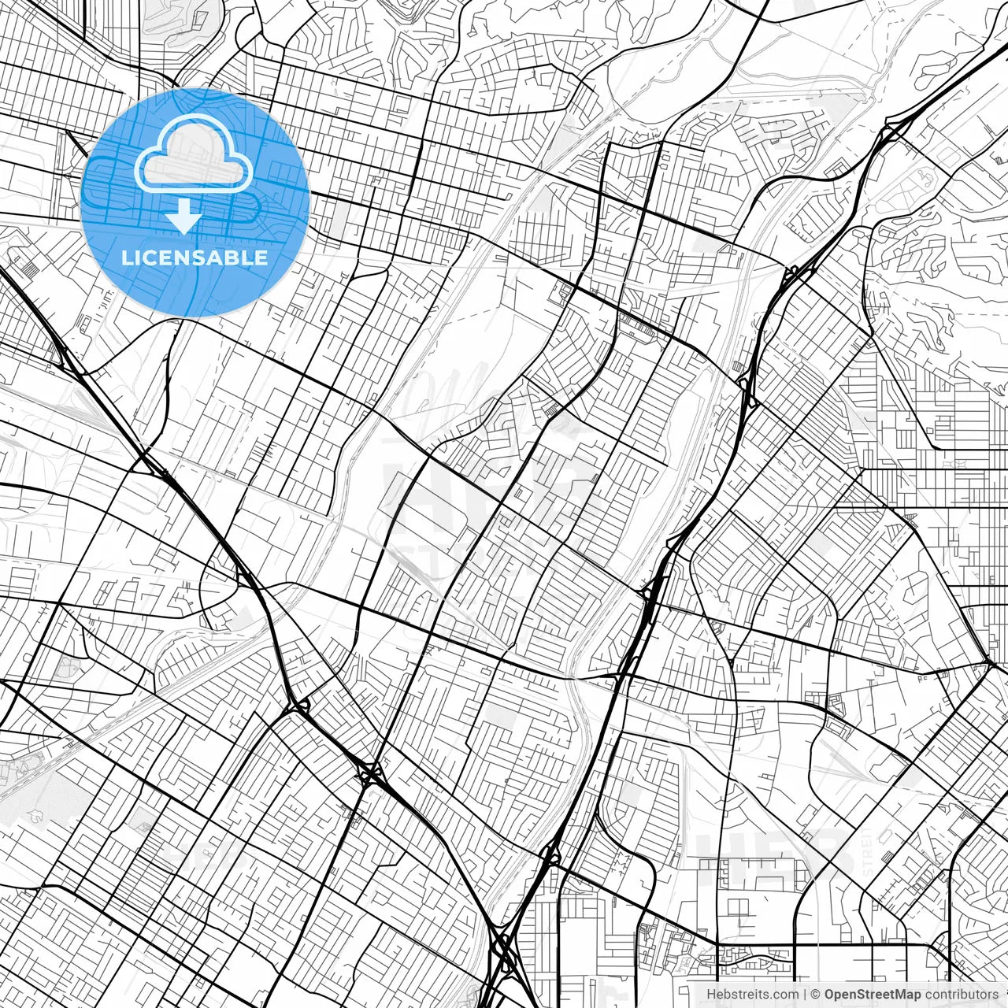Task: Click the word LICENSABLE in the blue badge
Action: [195, 258]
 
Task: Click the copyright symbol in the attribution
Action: [816, 995]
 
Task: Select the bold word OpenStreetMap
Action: [872, 995]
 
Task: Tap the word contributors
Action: [962, 995]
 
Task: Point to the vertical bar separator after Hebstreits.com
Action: [806, 995]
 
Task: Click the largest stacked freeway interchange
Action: [502, 950]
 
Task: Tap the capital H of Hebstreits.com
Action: [711, 995]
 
